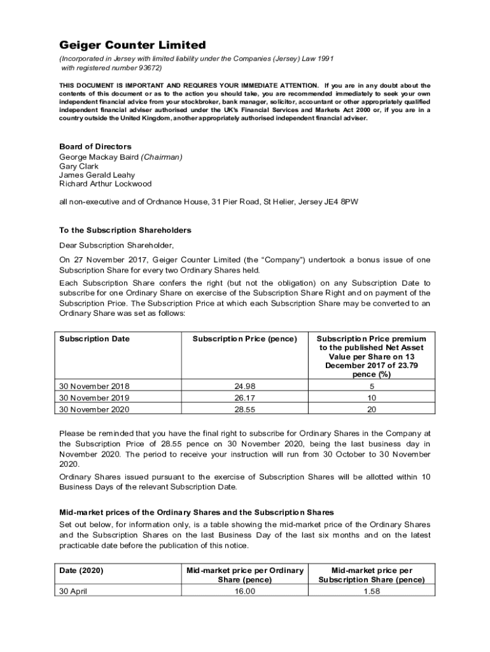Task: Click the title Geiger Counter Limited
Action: click(x=132, y=45)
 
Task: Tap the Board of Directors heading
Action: click(x=95, y=146)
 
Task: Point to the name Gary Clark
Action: click(x=79, y=166)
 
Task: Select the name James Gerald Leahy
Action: click(x=97, y=175)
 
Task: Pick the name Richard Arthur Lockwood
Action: click(x=106, y=184)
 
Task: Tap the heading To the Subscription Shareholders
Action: click(x=125, y=230)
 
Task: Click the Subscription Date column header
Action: click(x=94, y=339)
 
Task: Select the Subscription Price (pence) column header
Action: click(x=244, y=339)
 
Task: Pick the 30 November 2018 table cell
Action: click(x=94, y=386)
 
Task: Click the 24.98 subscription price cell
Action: click(x=244, y=386)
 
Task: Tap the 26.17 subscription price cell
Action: click(x=244, y=398)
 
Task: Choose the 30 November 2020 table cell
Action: click(x=94, y=409)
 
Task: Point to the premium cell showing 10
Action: click(x=371, y=398)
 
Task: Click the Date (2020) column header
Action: click(x=81, y=570)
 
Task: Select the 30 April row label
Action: click(x=73, y=591)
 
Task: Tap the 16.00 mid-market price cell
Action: click(x=244, y=591)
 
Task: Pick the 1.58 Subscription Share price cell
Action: click(x=371, y=591)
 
